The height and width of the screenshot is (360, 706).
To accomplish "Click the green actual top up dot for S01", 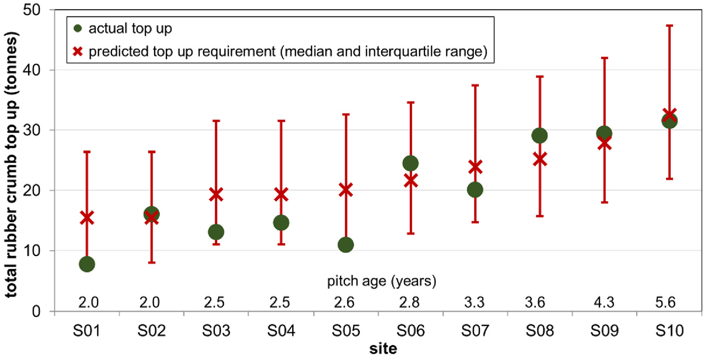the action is [x=87, y=264].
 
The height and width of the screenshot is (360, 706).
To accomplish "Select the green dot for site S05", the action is [x=346, y=245].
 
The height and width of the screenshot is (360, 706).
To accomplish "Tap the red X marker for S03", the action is [x=216, y=195].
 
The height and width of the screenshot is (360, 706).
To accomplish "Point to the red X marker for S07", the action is [x=475, y=167].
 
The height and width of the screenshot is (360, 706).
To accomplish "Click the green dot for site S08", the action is [x=540, y=135].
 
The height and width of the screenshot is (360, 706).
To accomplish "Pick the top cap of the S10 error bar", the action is [x=669, y=26].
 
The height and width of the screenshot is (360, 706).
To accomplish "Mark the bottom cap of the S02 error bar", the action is [x=151, y=262].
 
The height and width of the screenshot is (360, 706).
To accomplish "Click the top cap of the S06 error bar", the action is [x=411, y=102].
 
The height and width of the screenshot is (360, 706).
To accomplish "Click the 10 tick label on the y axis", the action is [x=32, y=251].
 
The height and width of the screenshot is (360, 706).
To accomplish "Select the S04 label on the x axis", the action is [x=281, y=331].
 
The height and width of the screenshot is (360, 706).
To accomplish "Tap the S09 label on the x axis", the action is [x=605, y=331].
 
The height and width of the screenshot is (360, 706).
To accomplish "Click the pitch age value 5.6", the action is [x=665, y=302].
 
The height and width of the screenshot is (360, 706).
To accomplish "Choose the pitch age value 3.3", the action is [x=475, y=302].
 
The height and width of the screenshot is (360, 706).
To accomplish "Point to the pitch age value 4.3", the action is [x=604, y=302].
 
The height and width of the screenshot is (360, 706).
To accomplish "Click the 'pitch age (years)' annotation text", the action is [x=382, y=281].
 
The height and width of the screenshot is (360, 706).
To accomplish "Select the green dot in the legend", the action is [x=77, y=28].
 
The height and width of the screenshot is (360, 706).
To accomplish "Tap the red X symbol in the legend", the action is [x=77, y=51].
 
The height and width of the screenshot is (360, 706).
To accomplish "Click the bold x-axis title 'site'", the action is [x=383, y=349].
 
